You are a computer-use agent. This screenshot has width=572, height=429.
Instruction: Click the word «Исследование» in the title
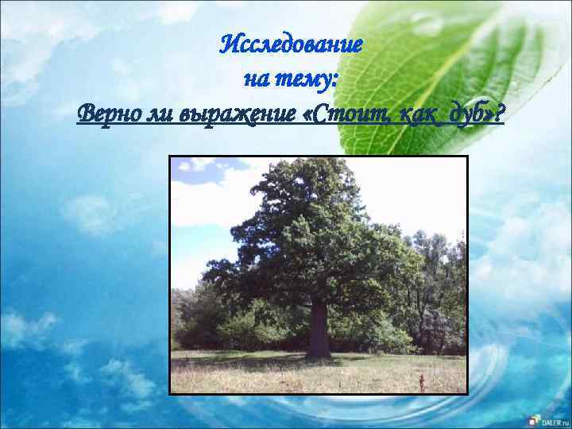coord(291,43)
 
